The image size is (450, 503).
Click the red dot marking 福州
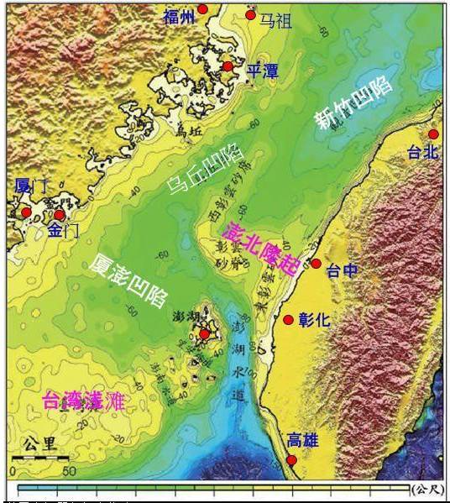(x=202, y=9)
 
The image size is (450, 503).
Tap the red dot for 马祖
(x=250, y=16)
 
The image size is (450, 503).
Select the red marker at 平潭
(x=228, y=66)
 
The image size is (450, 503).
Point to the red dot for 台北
(x=433, y=134)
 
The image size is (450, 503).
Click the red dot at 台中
(x=316, y=264)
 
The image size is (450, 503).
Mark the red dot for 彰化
(x=288, y=319)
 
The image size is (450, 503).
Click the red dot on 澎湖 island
(x=203, y=334)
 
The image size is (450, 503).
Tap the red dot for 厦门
(x=26, y=212)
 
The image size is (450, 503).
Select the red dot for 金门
(x=60, y=215)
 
